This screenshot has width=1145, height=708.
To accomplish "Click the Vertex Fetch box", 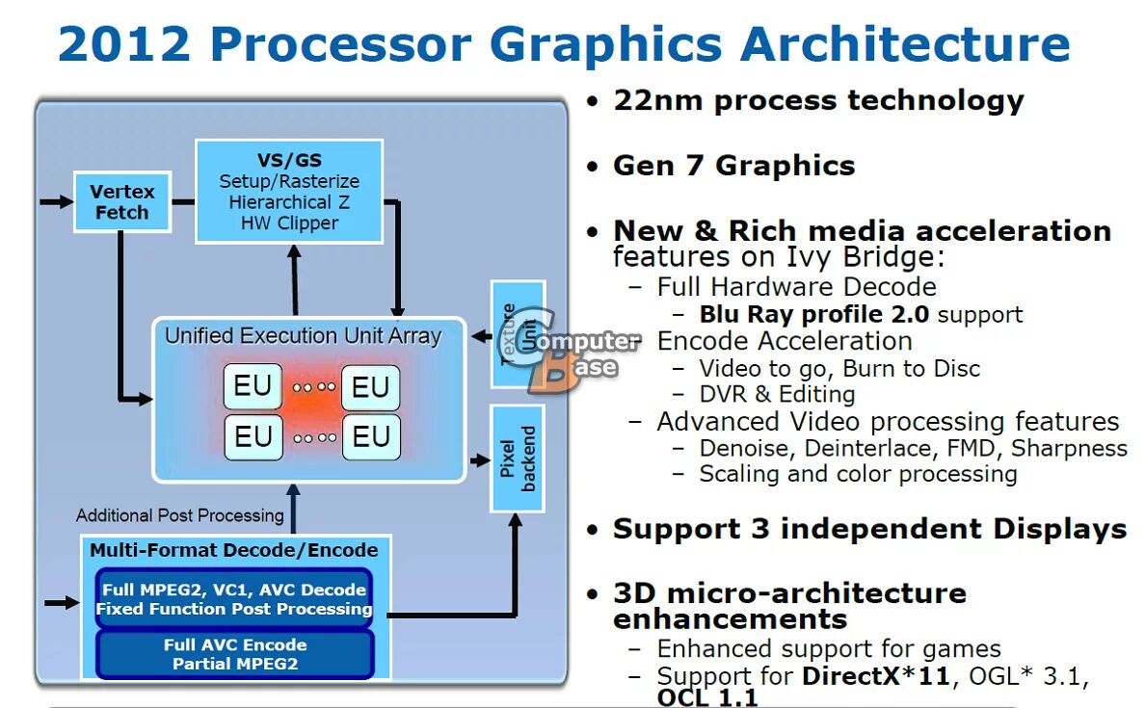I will coord(121,202).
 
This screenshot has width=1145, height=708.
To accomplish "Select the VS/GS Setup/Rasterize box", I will coord(289,191).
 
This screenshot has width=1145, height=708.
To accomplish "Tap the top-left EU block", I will coord(253,387).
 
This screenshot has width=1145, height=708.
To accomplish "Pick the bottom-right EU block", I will coord(370,438).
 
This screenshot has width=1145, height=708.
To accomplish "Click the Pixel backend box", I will coord(518,459).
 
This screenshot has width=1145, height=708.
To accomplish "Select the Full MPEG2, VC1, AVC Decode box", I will coord(233,599).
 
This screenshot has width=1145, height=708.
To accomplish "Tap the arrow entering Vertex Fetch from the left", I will coord(56,202).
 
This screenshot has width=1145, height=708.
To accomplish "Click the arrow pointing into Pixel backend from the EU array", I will coord(479,460).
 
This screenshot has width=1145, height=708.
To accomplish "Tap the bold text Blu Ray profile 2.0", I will coord(814,315).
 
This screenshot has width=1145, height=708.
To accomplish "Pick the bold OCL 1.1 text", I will coord(707,697).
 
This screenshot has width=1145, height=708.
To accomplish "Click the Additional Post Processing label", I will coord(179,515).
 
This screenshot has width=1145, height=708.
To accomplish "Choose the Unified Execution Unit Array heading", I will coord(303,336).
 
